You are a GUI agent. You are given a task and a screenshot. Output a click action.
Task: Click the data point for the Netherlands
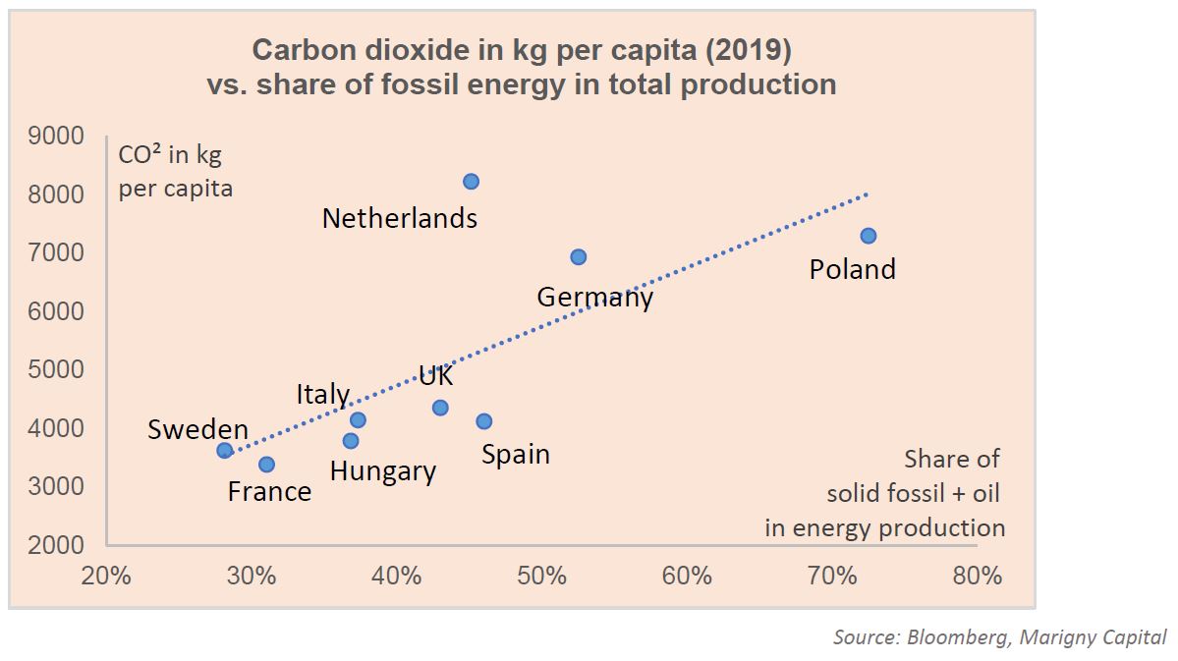pos(471,182)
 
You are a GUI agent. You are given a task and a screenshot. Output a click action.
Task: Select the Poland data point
pos(869,236)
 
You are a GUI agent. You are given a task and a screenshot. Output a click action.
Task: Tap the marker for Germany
pos(579,257)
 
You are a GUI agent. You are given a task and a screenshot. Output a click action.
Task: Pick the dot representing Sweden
pos(225,451)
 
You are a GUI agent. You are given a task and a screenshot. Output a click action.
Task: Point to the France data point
pos(266,465)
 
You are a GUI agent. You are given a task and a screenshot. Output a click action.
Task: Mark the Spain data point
pos(483,421)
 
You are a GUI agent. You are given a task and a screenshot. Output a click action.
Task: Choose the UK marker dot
pos(440,408)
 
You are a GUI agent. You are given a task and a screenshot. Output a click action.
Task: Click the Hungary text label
pos(382,471)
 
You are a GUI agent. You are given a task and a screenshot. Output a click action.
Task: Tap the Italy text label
pos(323,395)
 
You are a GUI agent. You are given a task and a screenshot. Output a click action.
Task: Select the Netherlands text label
pos(400,218)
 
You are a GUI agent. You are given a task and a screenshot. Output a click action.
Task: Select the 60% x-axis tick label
pos(687,576)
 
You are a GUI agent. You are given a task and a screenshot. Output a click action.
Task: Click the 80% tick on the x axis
pos(978,576)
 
